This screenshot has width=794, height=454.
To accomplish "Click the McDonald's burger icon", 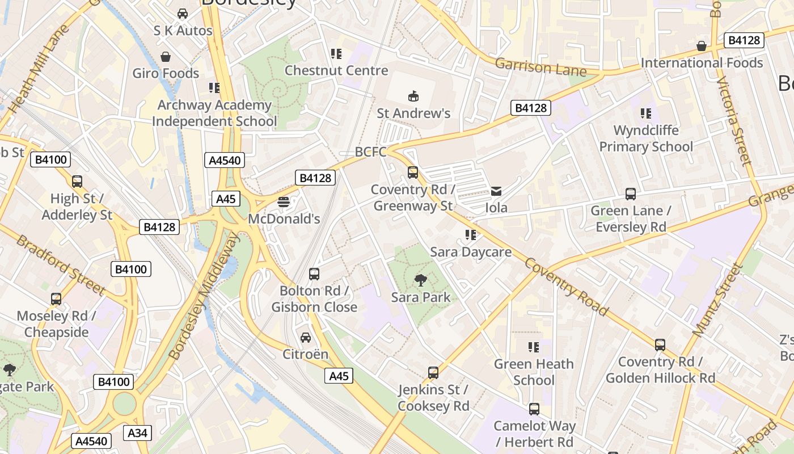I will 284,202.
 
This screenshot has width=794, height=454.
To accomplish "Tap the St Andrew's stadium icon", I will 413,96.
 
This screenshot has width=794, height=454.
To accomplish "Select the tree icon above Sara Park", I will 420,280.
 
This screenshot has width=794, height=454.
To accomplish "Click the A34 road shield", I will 137,433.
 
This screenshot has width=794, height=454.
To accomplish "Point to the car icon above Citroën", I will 306,337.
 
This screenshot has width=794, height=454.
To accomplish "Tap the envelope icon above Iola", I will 496,191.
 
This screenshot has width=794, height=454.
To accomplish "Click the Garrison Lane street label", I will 540,67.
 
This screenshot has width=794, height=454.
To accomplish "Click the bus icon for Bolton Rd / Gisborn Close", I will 314,274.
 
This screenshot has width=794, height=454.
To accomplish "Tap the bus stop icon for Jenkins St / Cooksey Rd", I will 433,373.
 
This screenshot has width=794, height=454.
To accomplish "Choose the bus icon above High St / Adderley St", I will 77,182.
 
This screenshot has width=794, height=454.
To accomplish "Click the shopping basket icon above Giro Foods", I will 166,57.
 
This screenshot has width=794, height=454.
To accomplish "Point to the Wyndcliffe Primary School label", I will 646,138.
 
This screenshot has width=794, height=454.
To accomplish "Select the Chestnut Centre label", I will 336,70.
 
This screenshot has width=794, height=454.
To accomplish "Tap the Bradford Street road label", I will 61,265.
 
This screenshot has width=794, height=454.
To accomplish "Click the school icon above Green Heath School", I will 533,347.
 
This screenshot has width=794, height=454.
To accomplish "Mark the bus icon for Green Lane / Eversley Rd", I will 630,194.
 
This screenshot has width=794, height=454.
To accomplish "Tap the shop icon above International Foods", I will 702,46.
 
